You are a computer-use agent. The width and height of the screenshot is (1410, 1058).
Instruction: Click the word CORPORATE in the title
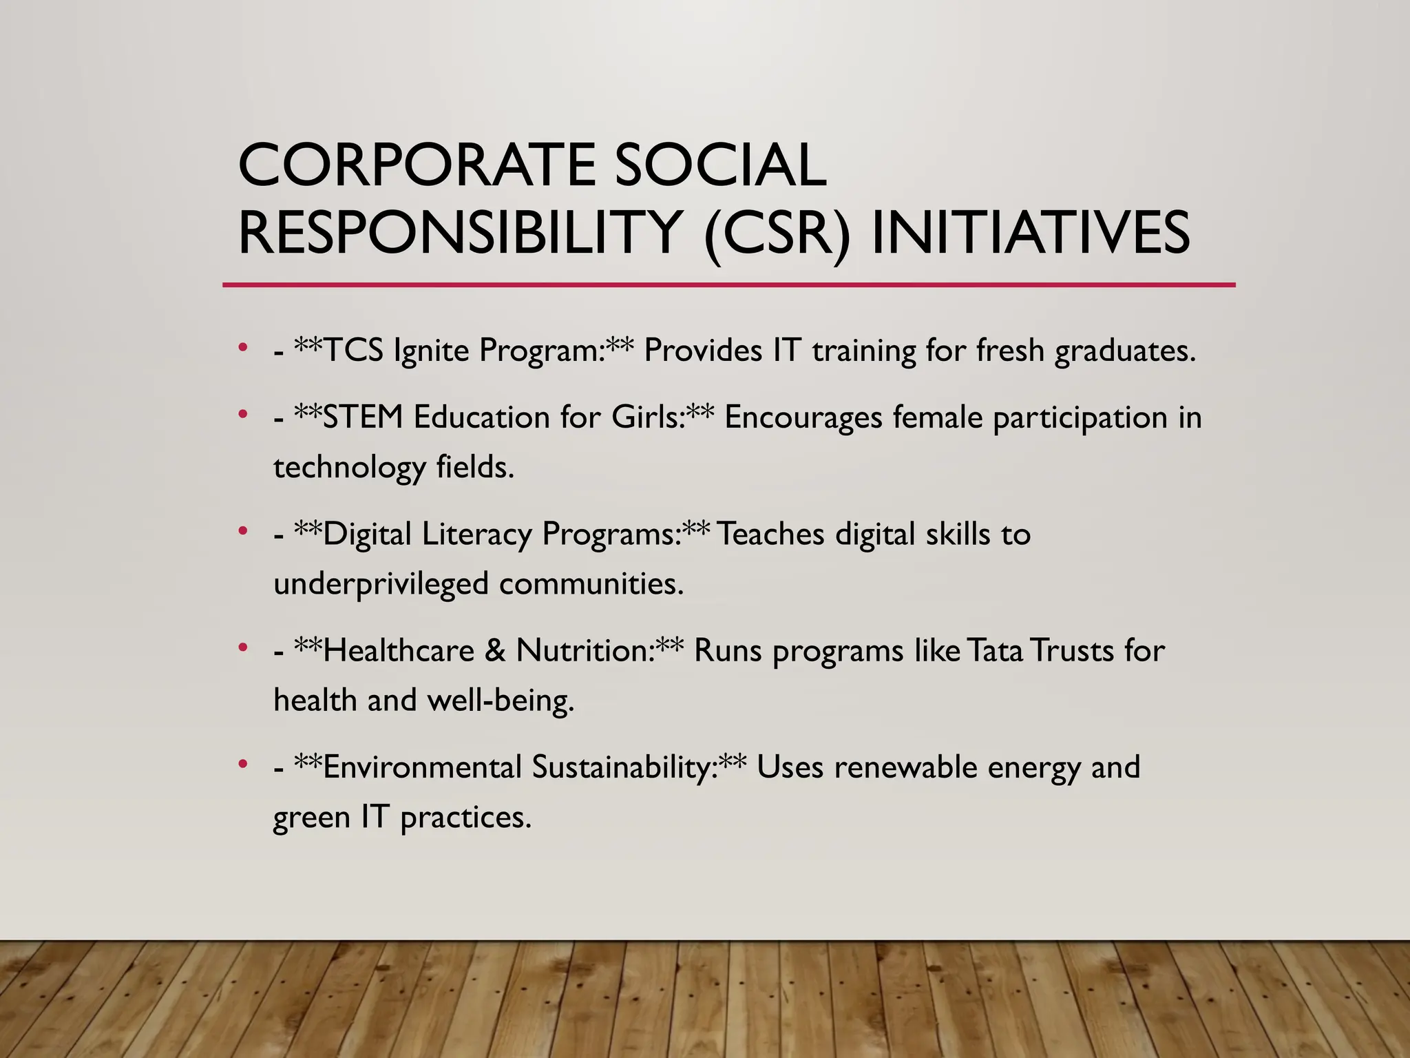[x=416, y=165]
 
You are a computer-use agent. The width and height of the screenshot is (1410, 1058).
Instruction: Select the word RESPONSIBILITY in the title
[x=460, y=232]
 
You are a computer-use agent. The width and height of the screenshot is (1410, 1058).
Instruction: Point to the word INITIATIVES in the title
[x=1031, y=232]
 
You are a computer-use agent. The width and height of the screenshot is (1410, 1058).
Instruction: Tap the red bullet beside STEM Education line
[x=242, y=414]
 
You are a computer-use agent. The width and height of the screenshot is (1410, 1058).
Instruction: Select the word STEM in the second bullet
[x=362, y=417]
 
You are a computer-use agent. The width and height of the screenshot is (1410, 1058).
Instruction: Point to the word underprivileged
[x=381, y=584]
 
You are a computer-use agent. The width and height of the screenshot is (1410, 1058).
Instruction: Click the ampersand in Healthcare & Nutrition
[x=494, y=651]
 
